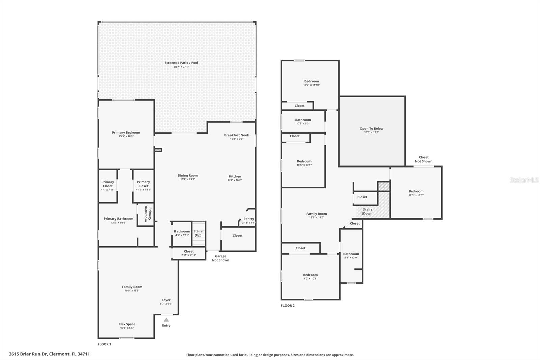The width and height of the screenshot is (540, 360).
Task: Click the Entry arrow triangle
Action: pyautogui.click(x=166, y=320)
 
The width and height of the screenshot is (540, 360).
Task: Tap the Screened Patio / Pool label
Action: pyautogui.click(x=181, y=63)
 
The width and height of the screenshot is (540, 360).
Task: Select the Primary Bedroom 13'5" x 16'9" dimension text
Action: pyautogui.click(x=126, y=136)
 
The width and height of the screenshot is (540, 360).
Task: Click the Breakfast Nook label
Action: pyautogui.click(x=237, y=135)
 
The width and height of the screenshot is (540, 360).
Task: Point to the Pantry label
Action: pyautogui.click(x=249, y=219)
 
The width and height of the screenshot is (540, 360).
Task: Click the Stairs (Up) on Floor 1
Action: pyautogui.click(x=198, y=233)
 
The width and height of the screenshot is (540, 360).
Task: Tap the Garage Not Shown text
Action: pyautogui.click(x=221, y=258)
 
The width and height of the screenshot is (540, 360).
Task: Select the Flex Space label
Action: pyautogui.click(x=127, y=324)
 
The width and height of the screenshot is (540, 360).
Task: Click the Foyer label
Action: pyautogui.click(x=166, y=300)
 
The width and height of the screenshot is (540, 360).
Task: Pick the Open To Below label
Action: pyautogui.click(x=372, y=129)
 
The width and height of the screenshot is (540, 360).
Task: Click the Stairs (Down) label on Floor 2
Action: pyautogui.click(x=368, y=211)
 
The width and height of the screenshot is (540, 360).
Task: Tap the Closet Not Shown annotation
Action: pyautogui.click(x=424, y=159)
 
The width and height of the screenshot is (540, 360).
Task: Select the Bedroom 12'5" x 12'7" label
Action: pyautogui.click(x=416, y=193)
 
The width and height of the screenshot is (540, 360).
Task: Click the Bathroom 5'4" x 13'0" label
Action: pyautogui.click(x=351, y=256)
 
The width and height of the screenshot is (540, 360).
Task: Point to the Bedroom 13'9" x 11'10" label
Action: pyautogui.click(x=312, y=83)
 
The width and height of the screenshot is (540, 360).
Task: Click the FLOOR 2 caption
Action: pyautogui.click(x=288, y=306)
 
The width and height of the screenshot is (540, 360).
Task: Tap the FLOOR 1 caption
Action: pyautogui.click(x=104, y=344)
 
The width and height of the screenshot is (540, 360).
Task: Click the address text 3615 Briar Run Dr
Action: pyautogui.click(x=28, y=354)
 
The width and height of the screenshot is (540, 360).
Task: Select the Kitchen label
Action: pyautogui.click(x=235, y=176)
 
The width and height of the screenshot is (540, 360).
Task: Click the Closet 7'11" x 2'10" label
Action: pyautogui.click(x=189, y=253)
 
